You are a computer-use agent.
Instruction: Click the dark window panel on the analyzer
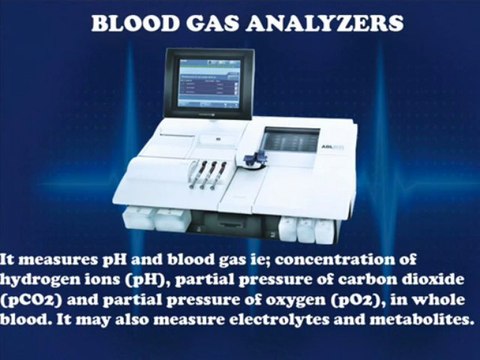[291, 140]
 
